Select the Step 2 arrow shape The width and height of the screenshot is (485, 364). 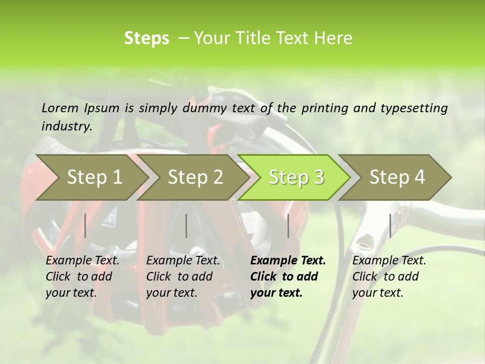195,177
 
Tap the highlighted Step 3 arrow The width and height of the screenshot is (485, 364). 296,177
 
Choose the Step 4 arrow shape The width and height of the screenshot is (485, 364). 397,177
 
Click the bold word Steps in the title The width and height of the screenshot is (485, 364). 147,38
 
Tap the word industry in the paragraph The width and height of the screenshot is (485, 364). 67,126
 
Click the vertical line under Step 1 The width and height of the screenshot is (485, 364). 85,225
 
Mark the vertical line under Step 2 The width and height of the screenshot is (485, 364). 186,225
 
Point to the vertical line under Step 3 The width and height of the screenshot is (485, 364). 288,225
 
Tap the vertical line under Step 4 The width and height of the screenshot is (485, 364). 390,225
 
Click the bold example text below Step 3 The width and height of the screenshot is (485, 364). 288,277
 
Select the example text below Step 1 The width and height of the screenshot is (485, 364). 82,277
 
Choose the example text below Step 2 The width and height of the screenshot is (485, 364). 183,277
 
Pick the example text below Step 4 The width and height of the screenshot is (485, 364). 389,277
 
